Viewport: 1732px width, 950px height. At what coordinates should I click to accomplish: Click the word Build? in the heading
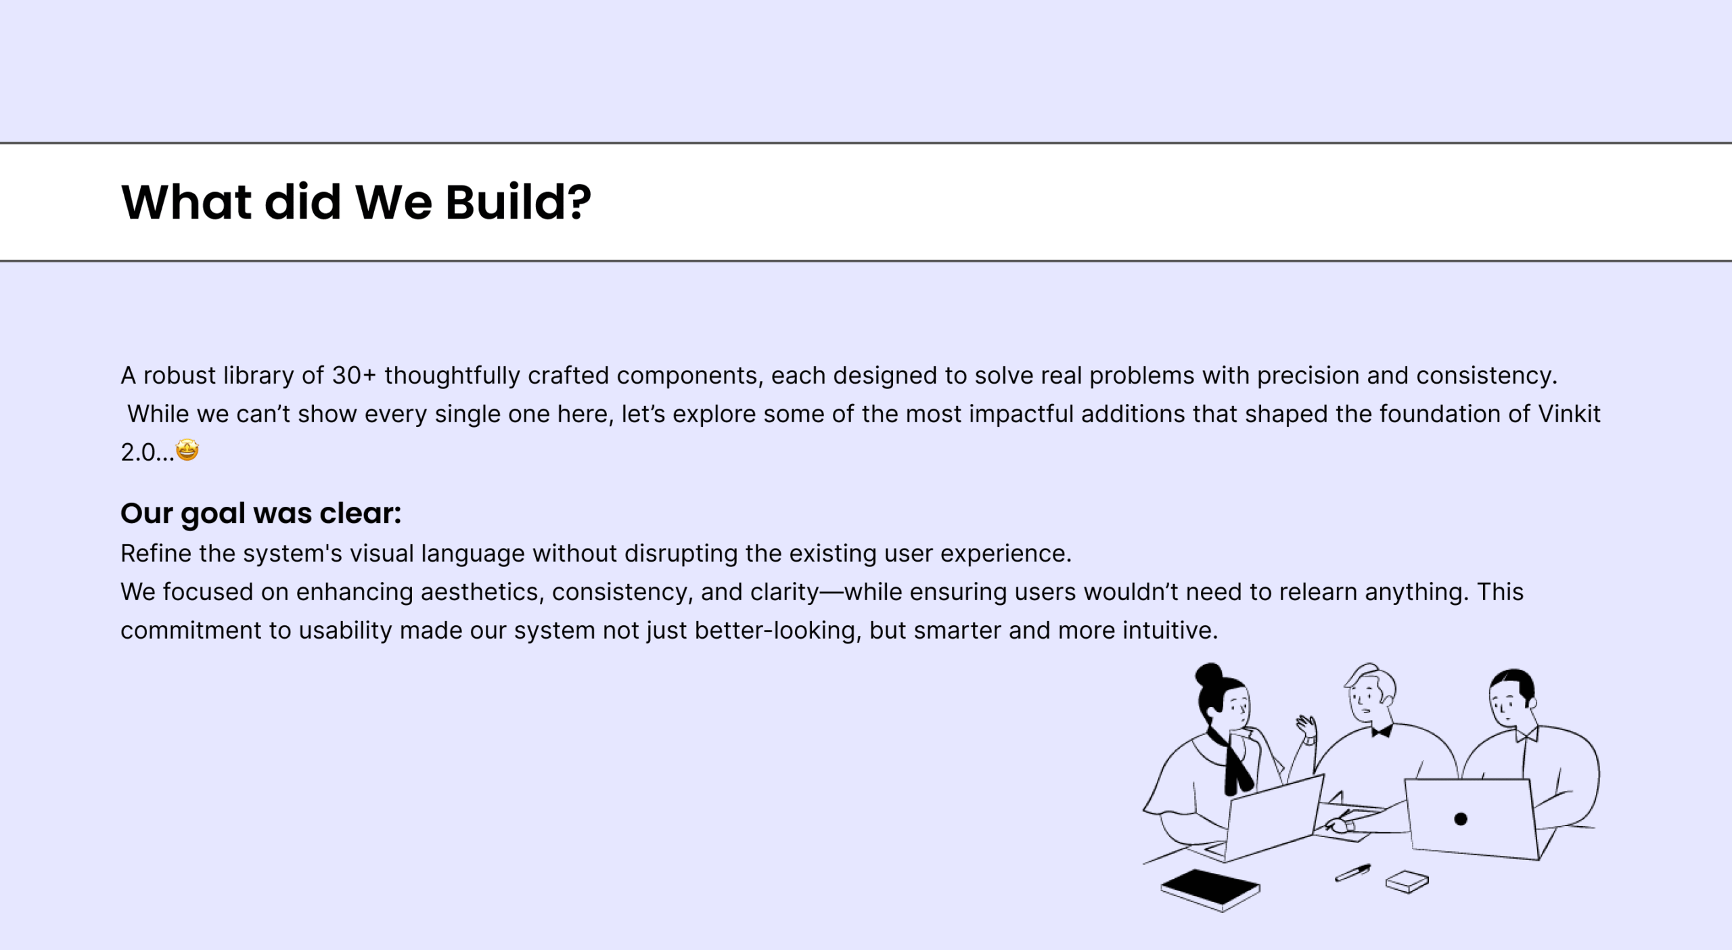[518, 202]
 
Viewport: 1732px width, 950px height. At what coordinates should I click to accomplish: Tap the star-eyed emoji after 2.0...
[187, 450]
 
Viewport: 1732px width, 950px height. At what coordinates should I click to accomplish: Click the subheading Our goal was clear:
[260, 514]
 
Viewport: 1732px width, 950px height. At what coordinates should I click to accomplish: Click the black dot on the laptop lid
[1461, 819]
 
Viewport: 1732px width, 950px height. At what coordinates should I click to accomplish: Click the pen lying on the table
[1352, 873]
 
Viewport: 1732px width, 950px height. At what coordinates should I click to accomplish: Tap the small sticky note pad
[1407, 882]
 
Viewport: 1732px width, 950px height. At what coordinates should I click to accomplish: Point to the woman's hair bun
[1208, 675]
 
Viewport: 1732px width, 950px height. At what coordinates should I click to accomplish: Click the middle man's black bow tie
[1381, 731]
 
